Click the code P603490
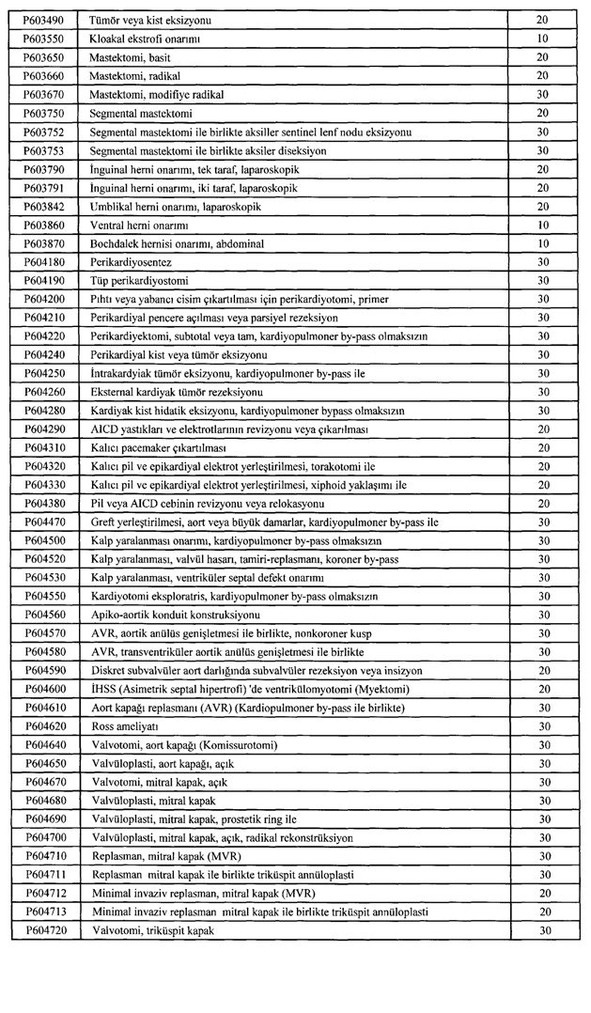tap(43, 21)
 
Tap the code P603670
tap(43, 95)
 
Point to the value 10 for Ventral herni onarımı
tap(542, 226)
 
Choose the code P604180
tap(43, 262)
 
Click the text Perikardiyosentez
tap(131, 262)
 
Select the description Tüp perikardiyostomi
tap(138, 281)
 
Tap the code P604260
tap(43, 392)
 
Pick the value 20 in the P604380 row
tap(542, 503)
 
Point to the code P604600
tap(43, 689)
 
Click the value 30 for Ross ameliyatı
tap(542, 726)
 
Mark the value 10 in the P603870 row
tap(542, 244)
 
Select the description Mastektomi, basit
tap(130, 58)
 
